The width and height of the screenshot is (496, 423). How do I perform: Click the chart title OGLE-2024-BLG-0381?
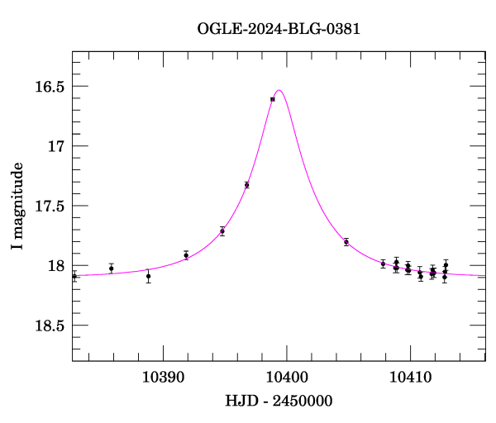click(279, 29)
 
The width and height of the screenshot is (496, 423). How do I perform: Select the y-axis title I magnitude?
click(17, 206)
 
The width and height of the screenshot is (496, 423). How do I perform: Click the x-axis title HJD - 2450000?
click(279, 401)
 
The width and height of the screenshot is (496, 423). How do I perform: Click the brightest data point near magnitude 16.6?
click(273, 99)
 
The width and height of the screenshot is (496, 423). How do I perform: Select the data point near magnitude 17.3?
click(247, 185)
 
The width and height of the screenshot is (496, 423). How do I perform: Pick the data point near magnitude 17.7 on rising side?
click(222, 231)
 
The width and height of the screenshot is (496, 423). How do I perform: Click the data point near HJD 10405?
click(346, 242)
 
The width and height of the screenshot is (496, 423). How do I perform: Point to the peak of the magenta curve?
click(279, 90)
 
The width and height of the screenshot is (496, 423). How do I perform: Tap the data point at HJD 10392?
click(186, 255)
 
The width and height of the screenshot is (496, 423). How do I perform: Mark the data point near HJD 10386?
click(112, 268)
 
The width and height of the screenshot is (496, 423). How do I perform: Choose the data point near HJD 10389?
click(149, 276)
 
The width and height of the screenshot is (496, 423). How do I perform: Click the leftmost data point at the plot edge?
click(74, 276)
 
